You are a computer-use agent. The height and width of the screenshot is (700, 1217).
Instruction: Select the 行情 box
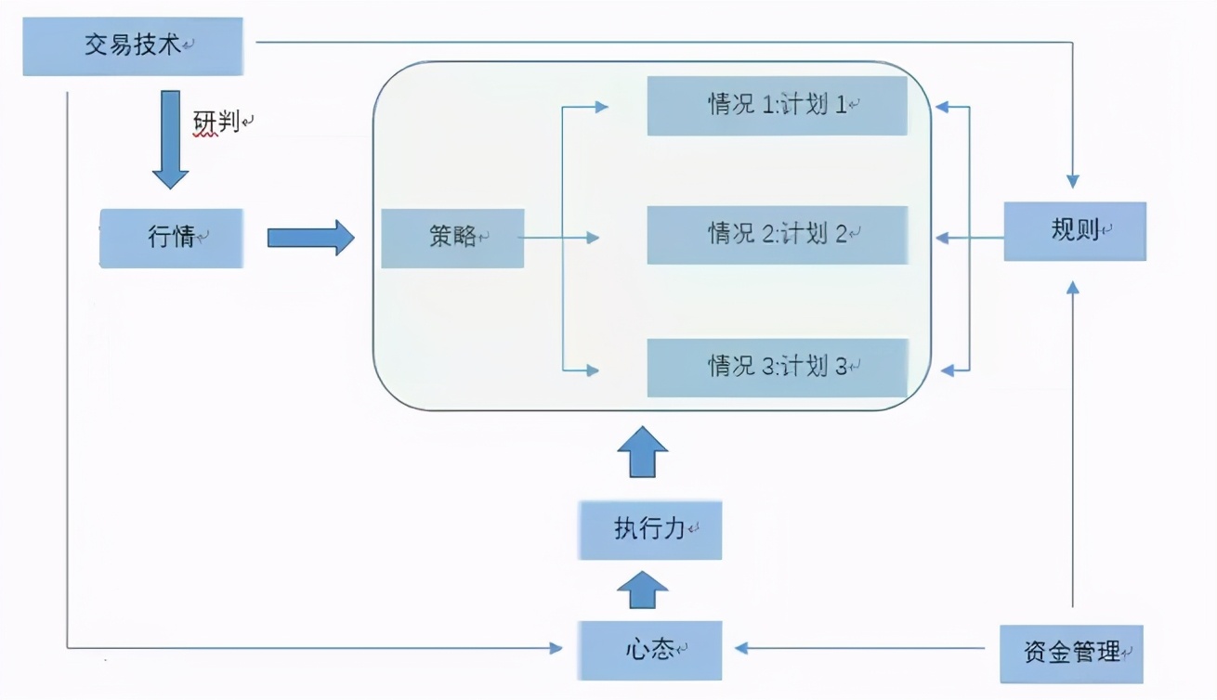[x=172, y=238]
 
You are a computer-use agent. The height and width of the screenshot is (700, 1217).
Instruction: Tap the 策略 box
[x=452, y=239]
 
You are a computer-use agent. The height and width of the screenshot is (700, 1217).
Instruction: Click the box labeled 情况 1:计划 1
[x=777, y=106]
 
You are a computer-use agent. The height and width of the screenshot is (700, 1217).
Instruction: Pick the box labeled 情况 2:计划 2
[x=777, y=235]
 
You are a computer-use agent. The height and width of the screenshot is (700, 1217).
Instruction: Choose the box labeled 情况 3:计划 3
[x=777, y=368]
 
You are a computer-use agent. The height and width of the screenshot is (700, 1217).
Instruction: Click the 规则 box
[x=1075, y=231]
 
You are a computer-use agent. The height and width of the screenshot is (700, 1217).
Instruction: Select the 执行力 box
[x=649, y=531]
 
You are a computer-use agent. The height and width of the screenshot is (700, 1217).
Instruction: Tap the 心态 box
[x=649, y=650]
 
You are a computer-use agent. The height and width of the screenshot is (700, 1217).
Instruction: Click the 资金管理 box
[x=1071, y=654]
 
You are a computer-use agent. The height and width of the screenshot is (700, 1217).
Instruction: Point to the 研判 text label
[x=216, y=122]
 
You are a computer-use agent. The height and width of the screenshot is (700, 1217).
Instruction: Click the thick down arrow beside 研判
[x=171, y=139]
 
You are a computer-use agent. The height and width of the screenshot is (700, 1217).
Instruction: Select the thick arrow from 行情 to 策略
[x=310, y=238]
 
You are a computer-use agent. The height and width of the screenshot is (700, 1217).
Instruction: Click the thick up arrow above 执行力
[x=642, y=453]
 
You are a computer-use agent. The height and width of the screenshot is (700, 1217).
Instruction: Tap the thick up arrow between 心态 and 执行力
[x=642, y=590]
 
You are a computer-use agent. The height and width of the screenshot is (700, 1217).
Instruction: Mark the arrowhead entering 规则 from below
[x=1073, y=289]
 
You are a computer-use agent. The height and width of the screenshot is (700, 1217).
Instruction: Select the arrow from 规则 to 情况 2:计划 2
[x=971, y=238]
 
